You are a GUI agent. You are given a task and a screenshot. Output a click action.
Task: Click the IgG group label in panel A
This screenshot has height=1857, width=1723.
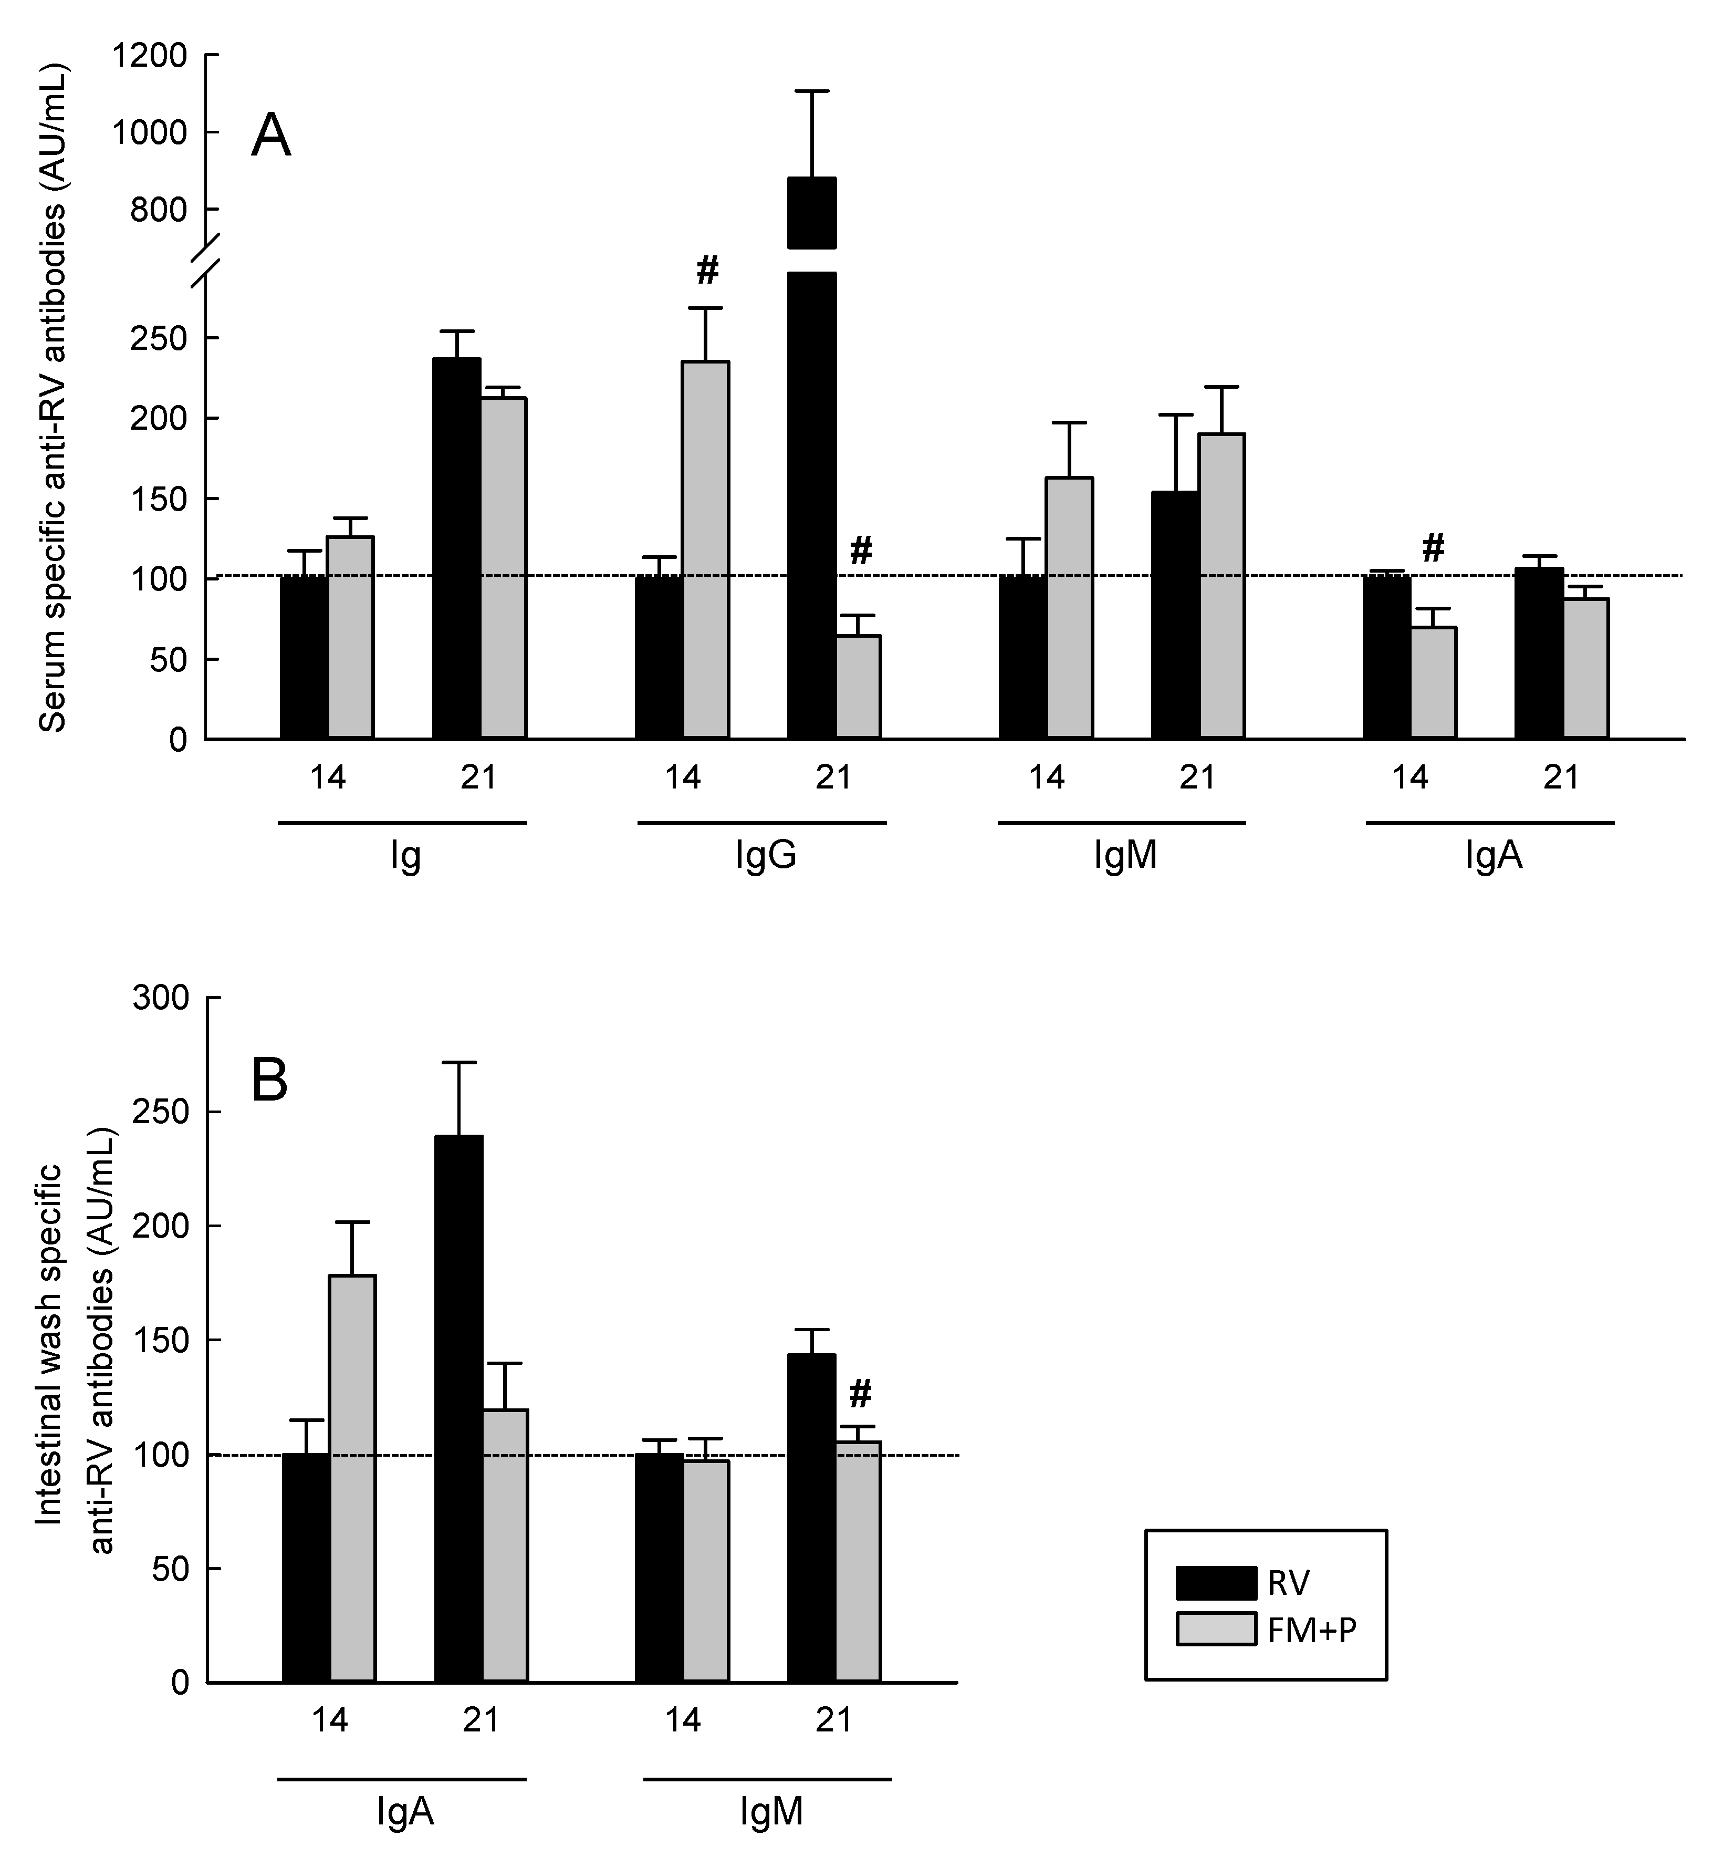pyautogui.click(x=766, y=855)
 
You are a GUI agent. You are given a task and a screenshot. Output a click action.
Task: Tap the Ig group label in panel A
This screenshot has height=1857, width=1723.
pyautogui.click(x=405, y=855)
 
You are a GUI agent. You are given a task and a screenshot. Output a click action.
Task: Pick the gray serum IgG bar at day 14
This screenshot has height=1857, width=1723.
pyautogui.click(x=706, y=551)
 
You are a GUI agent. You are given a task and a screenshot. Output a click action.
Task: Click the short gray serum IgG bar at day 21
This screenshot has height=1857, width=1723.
pyautogui.click(x=858, y=688)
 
